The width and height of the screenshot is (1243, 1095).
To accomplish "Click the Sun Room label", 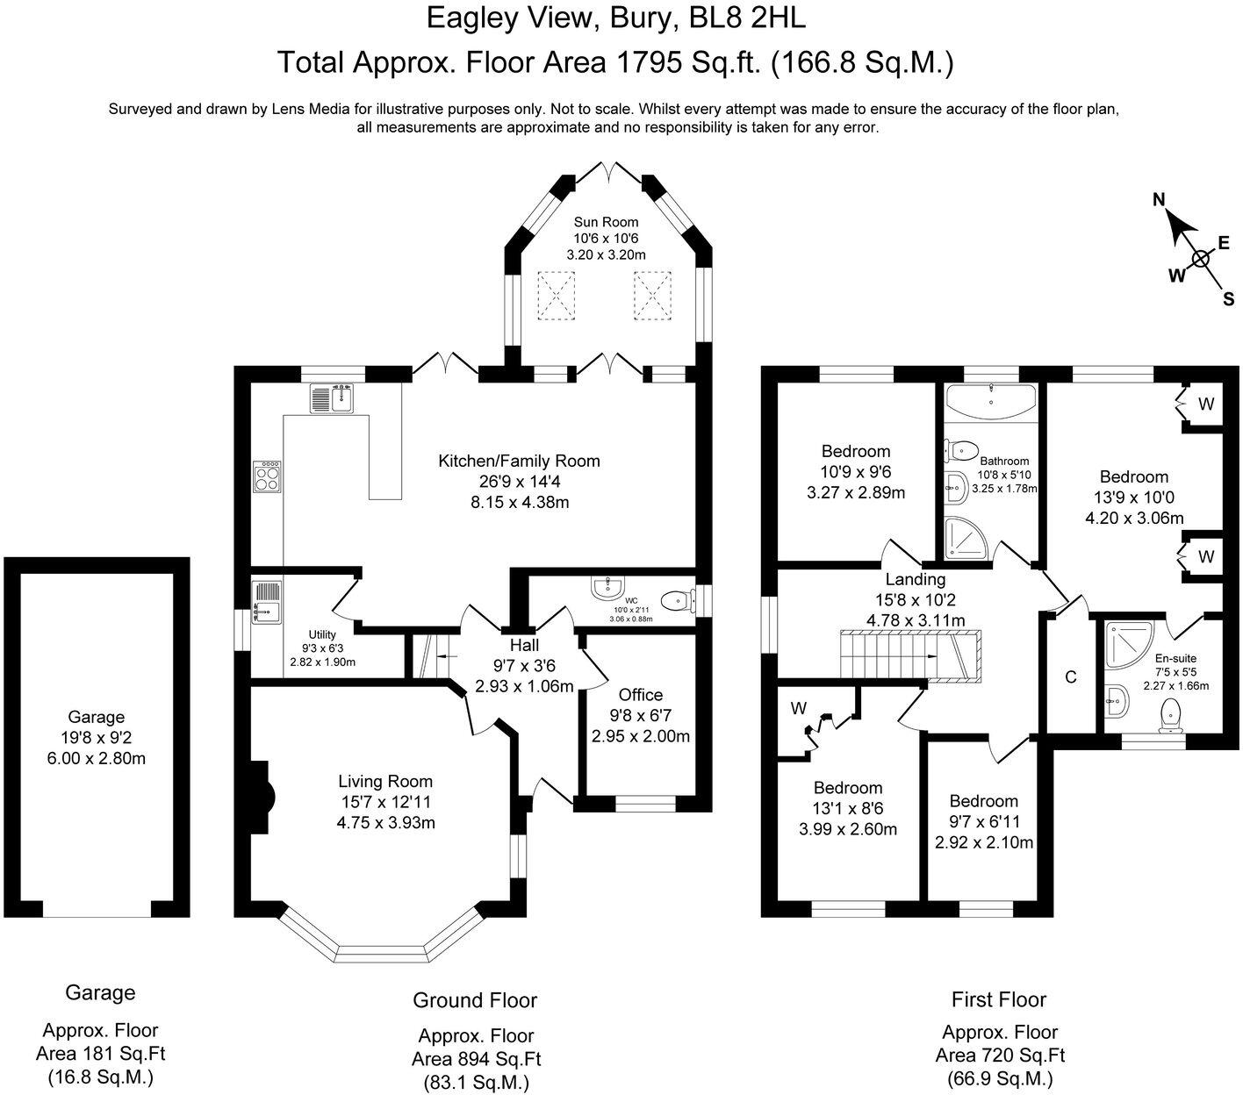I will click(x=606, y=222).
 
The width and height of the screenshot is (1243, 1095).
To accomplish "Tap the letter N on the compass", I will click(x=1159, y=201).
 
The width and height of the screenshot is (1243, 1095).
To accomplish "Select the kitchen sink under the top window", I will click(x=331, y=398).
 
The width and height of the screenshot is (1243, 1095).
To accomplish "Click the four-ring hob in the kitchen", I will click(x=267, y=476).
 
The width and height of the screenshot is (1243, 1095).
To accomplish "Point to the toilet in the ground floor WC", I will click(x=674, y=601).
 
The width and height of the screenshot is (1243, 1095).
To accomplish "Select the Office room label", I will click(x=641, y=695).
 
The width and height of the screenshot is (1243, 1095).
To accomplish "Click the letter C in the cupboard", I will click(x=1070, y=677).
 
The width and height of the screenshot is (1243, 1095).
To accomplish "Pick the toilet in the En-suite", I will click(x=1170, y=716).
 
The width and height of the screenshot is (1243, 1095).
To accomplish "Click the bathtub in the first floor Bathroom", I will click(x=990, y=403).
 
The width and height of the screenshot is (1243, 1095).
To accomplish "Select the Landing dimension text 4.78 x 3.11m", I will click(x=916, y=620).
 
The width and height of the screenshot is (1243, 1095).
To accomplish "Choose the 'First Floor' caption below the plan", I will click(x=999, y=999).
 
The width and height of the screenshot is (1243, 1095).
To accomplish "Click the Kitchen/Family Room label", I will click(x=519, y=461).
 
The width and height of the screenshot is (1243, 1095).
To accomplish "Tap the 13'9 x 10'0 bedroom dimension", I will click(x=1134, y=497).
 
